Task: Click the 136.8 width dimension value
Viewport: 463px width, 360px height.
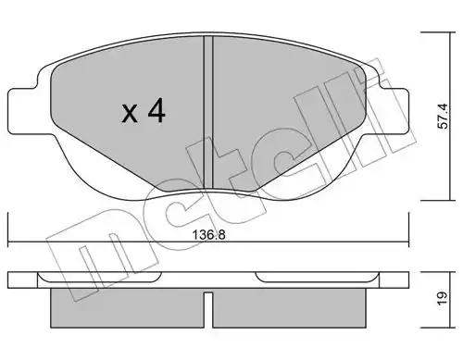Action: [x=209, y=235]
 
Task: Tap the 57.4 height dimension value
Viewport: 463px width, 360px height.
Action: [x=444, y=117]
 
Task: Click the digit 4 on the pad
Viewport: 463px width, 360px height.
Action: [x=156, y=111]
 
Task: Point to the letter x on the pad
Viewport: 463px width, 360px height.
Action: [x=130, y=113]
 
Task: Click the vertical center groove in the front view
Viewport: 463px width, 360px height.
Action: [x=208, y=113]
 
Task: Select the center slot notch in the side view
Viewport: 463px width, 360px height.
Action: [x=208, y=309]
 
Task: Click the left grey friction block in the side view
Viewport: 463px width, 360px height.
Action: [x=127, y=308]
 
